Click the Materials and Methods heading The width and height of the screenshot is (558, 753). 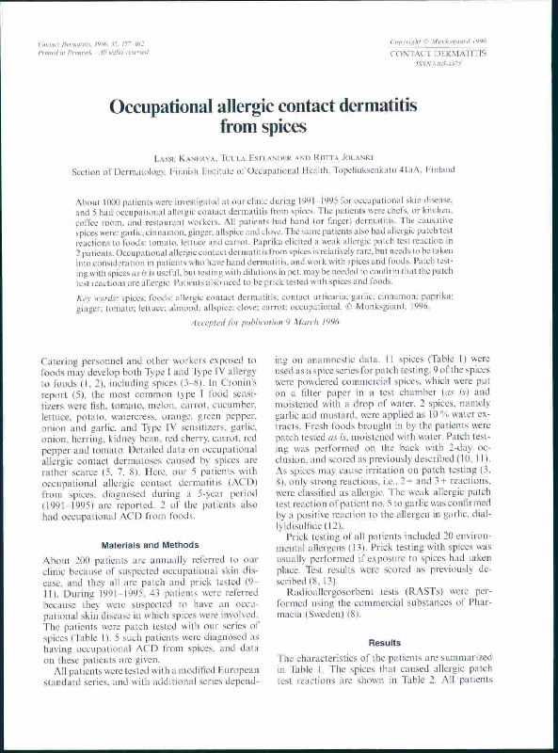pyautogui.click(x=145, y=545)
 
